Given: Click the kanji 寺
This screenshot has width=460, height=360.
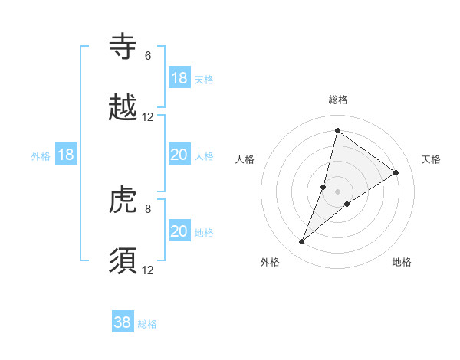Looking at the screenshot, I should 123,47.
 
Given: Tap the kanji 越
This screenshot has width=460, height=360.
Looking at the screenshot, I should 123,108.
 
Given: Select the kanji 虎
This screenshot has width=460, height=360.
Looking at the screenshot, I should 123,199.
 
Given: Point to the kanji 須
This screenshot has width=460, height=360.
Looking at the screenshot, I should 123,260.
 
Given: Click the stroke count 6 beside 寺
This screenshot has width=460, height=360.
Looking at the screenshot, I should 148,56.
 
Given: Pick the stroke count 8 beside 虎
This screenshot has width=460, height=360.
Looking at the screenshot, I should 148,208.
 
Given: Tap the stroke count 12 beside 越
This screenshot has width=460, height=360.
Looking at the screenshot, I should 148,117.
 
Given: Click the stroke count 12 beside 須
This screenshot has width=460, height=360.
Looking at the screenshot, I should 148,270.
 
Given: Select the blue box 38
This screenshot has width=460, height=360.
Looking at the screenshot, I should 123,323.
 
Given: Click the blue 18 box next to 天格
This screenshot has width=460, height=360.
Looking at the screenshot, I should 179,78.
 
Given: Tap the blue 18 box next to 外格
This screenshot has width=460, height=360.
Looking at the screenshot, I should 66,155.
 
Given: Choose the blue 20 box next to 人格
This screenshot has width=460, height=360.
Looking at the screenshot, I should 179,155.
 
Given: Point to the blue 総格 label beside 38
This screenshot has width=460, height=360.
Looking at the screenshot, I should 147,324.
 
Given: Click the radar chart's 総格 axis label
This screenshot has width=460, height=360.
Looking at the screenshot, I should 338,100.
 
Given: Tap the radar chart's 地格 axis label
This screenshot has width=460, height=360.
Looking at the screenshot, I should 402,262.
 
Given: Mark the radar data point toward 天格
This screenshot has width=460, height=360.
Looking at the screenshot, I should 396,172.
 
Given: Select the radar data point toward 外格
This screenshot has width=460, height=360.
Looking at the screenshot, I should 302,242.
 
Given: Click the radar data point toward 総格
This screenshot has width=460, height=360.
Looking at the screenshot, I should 337,130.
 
